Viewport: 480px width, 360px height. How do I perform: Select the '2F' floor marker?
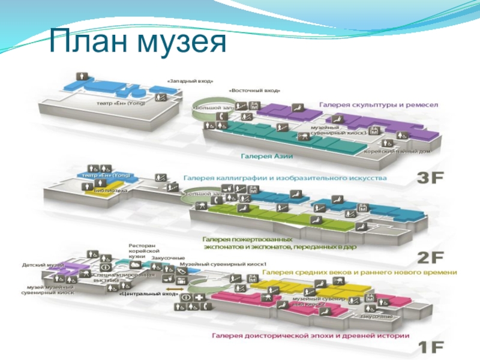pyautogui.click(x=431, y=258)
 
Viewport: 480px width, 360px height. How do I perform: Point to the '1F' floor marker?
pyautogui.click(x=431, y=347)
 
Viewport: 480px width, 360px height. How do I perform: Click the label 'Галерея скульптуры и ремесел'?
pyautogui.click(x=379, y=104)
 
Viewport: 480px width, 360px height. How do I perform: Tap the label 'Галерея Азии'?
pyautogui.click(x=266, y=156)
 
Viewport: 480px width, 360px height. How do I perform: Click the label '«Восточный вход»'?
pyautogui.click(x=254, y=91)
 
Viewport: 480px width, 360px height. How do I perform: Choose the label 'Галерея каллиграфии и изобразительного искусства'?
pyautogui.click(x=285, y=178)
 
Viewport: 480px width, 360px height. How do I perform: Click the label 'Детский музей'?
pyautogui.click(x=43, y=264)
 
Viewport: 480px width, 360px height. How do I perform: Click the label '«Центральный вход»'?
pyautogui.click(x=148, y=294)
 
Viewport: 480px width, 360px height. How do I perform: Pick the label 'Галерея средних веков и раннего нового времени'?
pyautogui.click(x=359, y=272)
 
